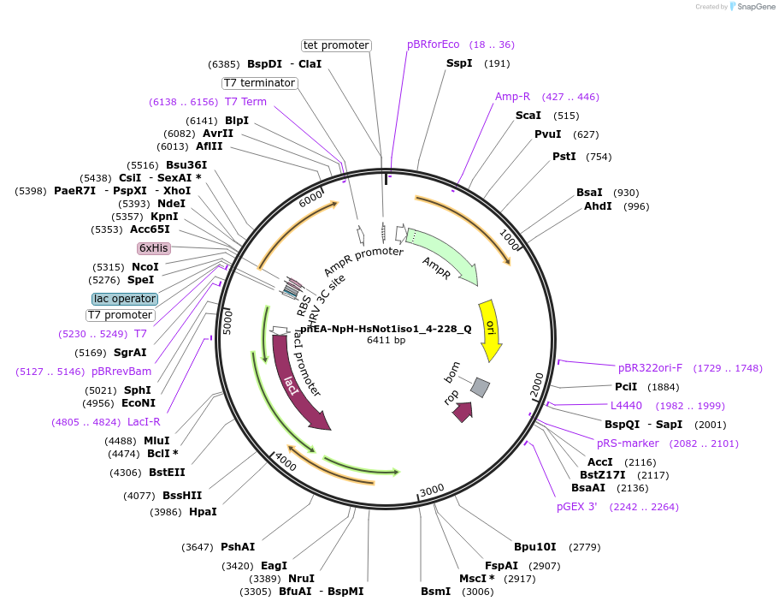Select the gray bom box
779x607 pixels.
(x=481, y=388)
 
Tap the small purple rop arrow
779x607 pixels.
(x=463, y=412)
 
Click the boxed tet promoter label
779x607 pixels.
(x=336, y=45)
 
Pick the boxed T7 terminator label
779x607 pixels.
(x=259, y=83)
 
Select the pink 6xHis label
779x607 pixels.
(x=154, y=248)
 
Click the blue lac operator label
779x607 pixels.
(x=125, y=299)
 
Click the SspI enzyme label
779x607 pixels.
(x=459, y=63)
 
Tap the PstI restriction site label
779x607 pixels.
(x=564, y=157)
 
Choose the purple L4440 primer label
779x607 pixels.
(x=626, y=405)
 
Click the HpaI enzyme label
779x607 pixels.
(x=203, y=512)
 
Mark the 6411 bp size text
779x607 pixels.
(x=387, y=340)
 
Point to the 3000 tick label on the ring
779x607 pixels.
(x=432, y=489)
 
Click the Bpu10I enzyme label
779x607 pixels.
(x=534, y=546)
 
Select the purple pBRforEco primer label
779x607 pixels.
(x=434, y=45)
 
